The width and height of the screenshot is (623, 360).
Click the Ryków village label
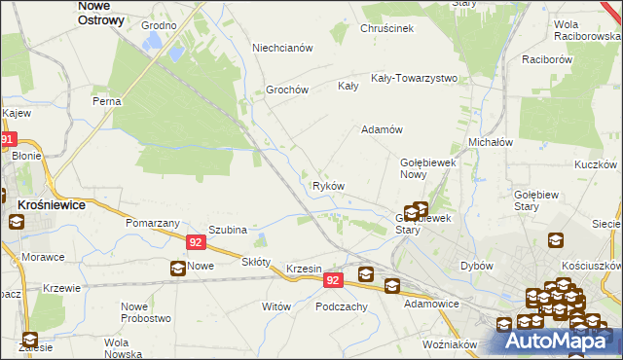tap(328, 186)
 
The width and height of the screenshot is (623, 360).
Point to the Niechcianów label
tap(281, 48)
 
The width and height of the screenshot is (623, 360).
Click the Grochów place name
tap(287, 90)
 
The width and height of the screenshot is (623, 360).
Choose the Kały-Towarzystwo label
tap(414, 78)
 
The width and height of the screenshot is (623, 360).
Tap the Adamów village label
tap(382, 129)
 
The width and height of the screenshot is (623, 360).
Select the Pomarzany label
tap(149, 223)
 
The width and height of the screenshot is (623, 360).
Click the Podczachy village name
tap(341, 306)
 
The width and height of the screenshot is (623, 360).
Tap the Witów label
tap(276, 306)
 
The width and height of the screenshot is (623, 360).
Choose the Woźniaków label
tap(450, 344)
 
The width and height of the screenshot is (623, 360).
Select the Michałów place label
tap(491, 142)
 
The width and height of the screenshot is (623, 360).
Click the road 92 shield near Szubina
tap(196, 242)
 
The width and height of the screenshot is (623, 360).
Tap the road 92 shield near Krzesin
tap(333, 280)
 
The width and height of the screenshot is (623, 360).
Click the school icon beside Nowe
tap(177, 269)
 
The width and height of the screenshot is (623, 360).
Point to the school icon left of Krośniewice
tap(17, 221)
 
